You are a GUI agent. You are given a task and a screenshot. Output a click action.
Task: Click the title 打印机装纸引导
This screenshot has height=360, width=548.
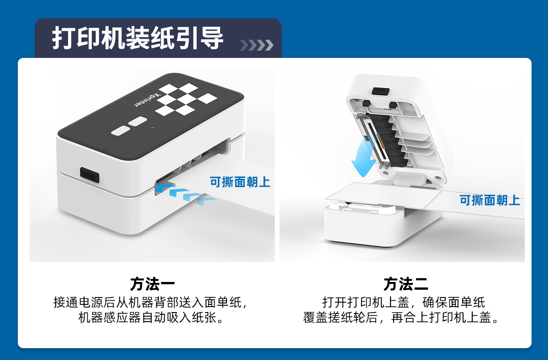137,38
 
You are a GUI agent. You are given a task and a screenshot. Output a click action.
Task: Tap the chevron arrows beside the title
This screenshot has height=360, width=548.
256,45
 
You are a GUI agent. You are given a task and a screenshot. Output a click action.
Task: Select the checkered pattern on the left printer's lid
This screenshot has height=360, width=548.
186,99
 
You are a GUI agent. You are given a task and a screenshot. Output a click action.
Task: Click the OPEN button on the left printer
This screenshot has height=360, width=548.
90,175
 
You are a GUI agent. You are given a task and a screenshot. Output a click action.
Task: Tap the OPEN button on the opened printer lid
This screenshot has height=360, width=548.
380,91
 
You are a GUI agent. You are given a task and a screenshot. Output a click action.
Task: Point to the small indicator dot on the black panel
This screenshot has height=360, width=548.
153,127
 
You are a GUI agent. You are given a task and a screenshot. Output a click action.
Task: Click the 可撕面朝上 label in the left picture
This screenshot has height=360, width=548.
240,182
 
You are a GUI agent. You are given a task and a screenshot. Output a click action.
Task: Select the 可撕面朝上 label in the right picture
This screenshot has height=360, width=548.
490,200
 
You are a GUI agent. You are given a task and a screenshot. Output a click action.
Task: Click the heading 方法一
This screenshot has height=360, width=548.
153,284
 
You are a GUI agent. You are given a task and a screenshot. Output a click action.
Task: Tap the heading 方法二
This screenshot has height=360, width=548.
406,284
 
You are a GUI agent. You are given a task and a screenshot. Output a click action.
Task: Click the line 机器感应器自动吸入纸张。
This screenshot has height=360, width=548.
152,318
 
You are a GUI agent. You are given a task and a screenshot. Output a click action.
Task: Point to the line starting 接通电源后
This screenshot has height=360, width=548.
151,303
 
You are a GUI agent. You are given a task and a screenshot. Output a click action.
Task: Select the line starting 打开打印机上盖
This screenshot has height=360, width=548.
403,303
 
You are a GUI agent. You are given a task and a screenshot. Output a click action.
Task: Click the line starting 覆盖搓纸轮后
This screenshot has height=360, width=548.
401,318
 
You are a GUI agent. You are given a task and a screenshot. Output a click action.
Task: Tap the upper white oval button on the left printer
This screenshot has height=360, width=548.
138,121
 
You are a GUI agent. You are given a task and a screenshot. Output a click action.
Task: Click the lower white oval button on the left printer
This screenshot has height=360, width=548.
121,131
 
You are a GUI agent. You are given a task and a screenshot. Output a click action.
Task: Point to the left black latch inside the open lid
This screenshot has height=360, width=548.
366,104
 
